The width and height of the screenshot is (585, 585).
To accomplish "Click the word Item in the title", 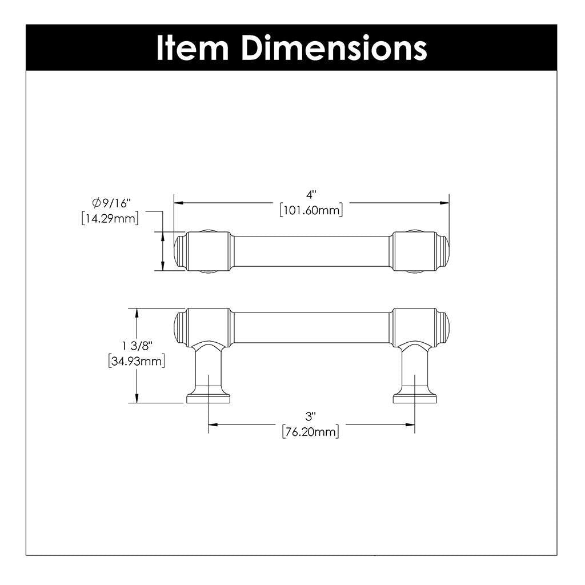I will pyautogui.click(x=193, y=49).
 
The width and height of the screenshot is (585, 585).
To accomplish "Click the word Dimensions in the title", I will pyautogui.click(x=334, y=49).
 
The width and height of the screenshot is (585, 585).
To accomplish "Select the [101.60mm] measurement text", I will pyautogui.click(x=311, y=211).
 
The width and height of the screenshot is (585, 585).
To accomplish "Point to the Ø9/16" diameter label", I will pyautogui.click(x=111, y=202).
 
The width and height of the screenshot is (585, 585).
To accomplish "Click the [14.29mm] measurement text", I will pyautogui.click(x=110, y=218).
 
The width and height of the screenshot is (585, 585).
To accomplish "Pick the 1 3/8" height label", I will pyautogui.click(x=137, y=346).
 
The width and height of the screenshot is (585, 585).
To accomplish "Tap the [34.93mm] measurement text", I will pyautogui.click(x=137, y=361).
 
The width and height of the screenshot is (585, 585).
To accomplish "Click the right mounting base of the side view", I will pyautogui.click(x=415, y=398).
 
